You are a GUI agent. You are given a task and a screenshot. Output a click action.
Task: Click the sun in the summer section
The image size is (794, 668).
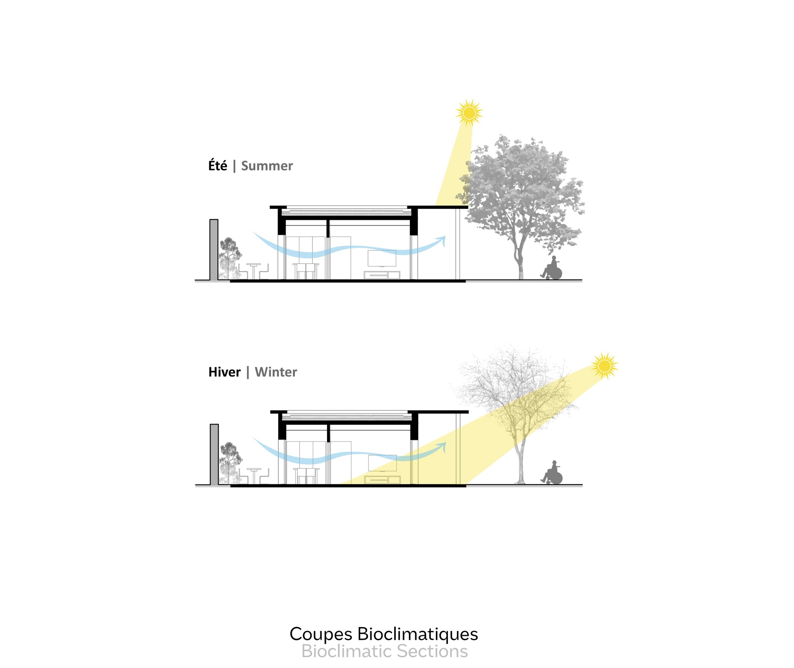[469, 113]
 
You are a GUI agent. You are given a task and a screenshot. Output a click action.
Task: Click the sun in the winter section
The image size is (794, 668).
[604, 366]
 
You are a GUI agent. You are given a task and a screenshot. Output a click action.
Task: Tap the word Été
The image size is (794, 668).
[218, 166]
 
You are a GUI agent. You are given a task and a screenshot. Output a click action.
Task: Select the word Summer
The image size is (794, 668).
[267, 166]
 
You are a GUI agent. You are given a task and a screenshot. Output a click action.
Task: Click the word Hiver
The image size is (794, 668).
[224, 372]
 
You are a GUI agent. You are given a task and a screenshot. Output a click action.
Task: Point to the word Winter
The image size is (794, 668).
[276, 372]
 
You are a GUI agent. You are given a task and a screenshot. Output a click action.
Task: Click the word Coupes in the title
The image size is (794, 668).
[321, 634]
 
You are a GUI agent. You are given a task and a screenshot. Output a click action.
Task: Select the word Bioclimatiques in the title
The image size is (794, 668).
[418, 634]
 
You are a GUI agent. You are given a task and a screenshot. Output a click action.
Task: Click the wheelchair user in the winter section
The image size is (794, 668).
[552, 474]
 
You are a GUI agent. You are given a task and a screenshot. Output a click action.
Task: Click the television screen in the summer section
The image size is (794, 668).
[382, 258]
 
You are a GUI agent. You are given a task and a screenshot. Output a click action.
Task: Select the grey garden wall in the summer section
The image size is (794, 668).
[214, 250]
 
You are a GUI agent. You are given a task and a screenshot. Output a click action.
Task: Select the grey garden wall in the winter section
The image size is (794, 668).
[214, 454]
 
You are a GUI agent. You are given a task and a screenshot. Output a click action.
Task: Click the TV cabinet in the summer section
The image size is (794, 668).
[382, 274]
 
